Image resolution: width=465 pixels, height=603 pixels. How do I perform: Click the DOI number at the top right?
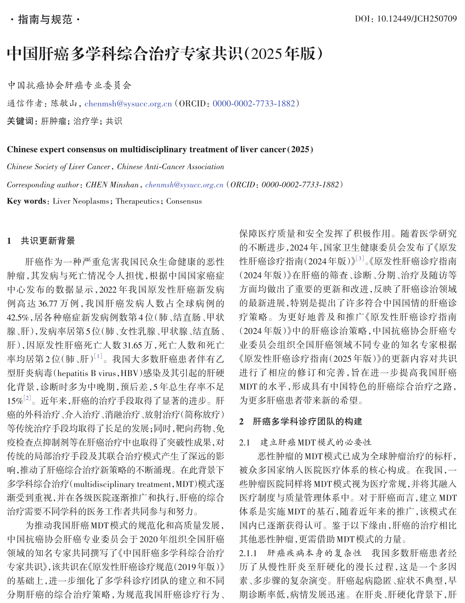coord(417,19)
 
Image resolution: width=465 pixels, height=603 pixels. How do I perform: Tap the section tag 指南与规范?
coord(45,19)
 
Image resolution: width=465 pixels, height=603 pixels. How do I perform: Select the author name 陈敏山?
coord(64,103)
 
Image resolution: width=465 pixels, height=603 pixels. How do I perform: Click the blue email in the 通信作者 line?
coord(128,104)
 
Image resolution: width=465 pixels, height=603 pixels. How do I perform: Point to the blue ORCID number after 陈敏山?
coord(254,104)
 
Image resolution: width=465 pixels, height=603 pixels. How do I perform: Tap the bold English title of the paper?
coord(160,150)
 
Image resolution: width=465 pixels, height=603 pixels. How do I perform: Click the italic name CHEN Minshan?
coord(112,185)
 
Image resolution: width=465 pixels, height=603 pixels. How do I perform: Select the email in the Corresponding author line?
coord(184,185)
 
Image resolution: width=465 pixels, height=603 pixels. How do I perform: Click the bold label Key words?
coord(26,201)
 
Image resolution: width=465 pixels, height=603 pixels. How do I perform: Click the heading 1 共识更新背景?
coord(41,241)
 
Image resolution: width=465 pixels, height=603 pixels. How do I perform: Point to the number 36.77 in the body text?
coord(48,304)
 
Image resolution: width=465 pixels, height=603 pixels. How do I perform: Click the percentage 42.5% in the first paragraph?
coord(18,318)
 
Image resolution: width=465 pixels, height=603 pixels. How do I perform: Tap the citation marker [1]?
coord(98,356)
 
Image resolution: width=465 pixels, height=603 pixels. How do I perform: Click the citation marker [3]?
coord(360,259)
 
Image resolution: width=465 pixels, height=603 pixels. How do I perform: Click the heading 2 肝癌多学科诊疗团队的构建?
coord(301,421)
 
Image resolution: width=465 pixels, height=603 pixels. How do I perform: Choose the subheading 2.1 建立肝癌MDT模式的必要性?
coord(305,442)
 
